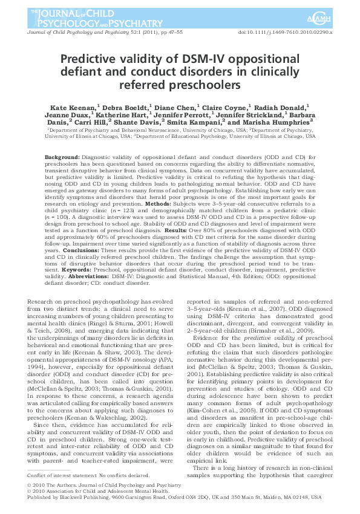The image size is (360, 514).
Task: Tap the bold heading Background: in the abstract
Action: point(64,157)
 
